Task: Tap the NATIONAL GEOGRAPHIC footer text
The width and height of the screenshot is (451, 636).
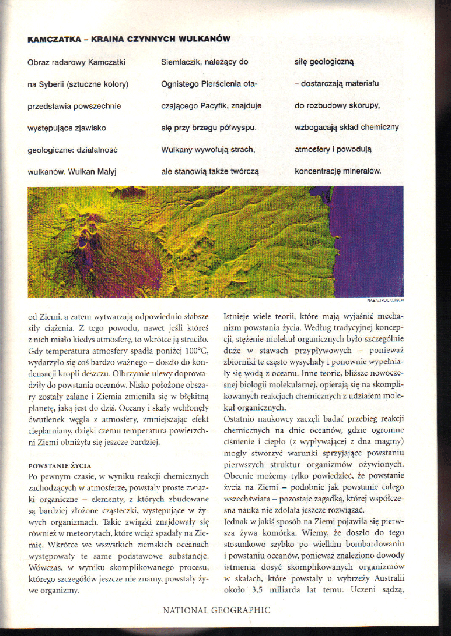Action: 216,610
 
